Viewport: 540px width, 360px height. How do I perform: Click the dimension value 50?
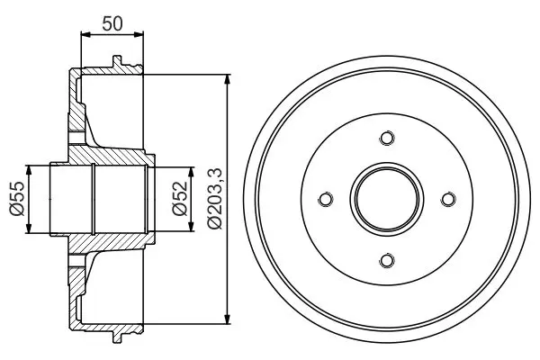pyautogui.click(x=112, y=23)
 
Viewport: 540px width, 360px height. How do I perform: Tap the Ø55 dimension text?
pyautogui.click(x=17, y=199)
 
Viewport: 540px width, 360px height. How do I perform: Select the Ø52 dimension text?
pyautogui.click(x=180, y=198)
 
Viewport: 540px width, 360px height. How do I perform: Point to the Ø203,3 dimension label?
pyautogui.click(x=216, y=199)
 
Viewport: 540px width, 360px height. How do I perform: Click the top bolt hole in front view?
pyautogui.click(x=387, y=138)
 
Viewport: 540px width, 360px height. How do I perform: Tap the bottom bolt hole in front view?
pyautogui.click(x=387, y=260)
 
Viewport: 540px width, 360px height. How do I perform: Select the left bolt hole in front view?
pyautogui.click(x=326, y=199)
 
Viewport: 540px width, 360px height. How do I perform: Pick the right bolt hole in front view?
pyautogui.click(x=448, y=199)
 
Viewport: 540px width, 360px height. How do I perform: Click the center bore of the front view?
pyautogui.click(x=387, y=199)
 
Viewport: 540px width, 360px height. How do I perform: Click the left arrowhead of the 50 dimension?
pyautogui.click(x=85, y=34)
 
